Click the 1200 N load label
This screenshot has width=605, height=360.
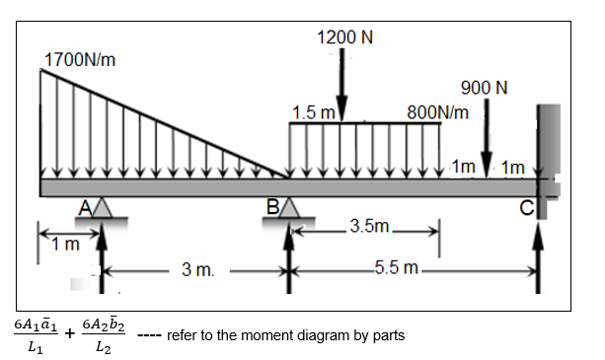click(344, 37)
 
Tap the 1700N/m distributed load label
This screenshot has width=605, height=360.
click(80, 59)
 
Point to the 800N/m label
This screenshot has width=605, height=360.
click(438, 110)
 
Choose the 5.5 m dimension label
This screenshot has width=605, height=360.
click(400, 268)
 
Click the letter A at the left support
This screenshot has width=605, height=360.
click(87, 206)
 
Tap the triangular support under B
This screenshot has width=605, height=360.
click(289, 209)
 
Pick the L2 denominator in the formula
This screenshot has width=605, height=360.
click(103, 347)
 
